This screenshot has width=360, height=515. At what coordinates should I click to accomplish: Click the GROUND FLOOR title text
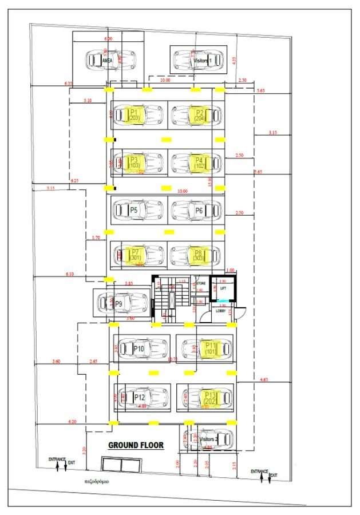pyautogui.click(x=136, y=445)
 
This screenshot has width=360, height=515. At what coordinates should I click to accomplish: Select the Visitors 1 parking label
pyautogui.click(x=203, y=60)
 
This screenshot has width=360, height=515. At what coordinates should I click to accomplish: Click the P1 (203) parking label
pyautogui.click(x=134, y=114)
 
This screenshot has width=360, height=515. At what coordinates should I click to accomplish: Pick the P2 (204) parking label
pyautogui.click(x=200, y=114)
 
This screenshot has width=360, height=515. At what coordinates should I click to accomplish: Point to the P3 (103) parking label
pyautogui.click(x=134, y=162)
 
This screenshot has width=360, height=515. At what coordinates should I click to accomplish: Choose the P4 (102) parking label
pyautogui.click(x=199, y=162)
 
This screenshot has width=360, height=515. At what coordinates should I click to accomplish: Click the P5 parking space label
pyautogui.click(x=134, y=210)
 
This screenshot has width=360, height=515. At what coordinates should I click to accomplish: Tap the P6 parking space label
pyautogui.click(x=199, y=210)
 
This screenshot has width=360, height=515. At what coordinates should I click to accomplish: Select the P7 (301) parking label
pyautogui.click(x=135, y=255)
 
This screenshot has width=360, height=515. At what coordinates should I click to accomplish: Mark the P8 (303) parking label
pyautogui.click(x=199, y=255)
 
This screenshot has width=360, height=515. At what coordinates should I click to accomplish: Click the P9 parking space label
pyautogui.click(x=119, y=303)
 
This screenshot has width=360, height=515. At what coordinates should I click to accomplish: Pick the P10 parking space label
pyautogui.click(x=139, y=348)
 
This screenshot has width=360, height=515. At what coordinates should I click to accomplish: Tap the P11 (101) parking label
pyautogui.click(x=211, y=348)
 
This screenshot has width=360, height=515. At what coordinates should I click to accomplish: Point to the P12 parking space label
pyautogui.click(x=139, y=397)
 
